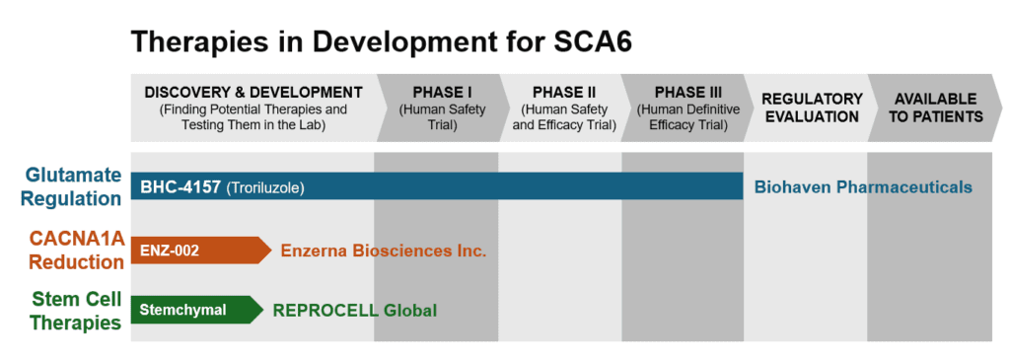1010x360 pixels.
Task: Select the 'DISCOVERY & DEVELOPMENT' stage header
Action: click(x=253, y=93)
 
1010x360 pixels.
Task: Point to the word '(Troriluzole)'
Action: click(x=263, y=186)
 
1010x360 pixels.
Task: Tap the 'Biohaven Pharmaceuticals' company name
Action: click(x=863, y=186)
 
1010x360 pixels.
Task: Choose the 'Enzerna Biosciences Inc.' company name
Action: click(x=384, y=251)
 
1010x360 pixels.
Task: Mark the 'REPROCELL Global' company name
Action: click(x=355, y=310)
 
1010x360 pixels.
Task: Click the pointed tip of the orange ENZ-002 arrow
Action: click(x=269, y=252)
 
